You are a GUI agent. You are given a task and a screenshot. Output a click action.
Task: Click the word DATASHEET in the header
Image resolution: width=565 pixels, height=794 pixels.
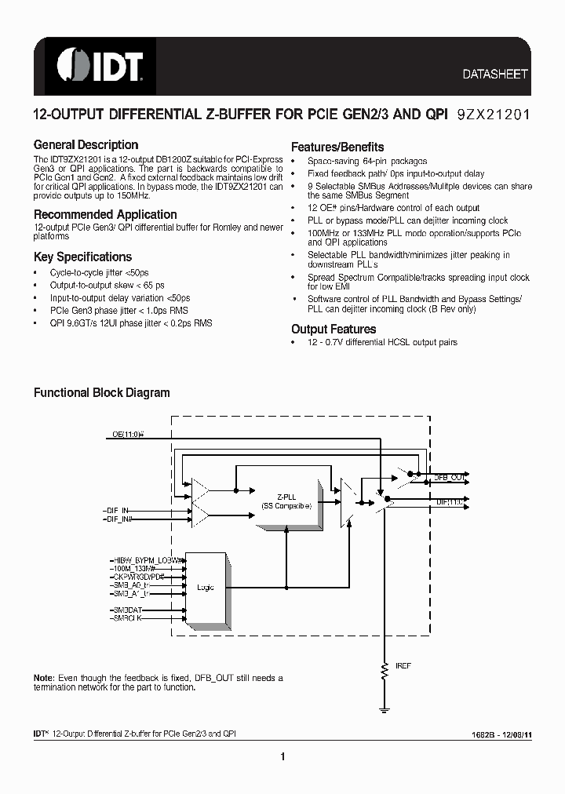click(x=494, y=74)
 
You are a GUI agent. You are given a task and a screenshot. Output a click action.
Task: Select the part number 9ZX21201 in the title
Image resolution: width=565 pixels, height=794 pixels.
click(x=494, y=114)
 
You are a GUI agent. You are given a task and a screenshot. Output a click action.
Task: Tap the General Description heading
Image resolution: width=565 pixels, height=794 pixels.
click(x=86, y=145)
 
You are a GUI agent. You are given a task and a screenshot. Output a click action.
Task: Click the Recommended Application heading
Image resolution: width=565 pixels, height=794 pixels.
click(x=105, y=214)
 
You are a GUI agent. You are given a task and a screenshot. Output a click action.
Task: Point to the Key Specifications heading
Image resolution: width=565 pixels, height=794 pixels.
click(x=82, y=257)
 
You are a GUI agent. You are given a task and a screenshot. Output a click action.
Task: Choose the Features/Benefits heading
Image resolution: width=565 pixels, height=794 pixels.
click(x=337, y=147)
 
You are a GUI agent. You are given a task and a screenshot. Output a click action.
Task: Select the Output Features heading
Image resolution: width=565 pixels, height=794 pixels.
click(x=334, y=329)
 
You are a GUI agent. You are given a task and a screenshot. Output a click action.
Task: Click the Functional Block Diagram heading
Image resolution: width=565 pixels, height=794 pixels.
click(x=101, y=392)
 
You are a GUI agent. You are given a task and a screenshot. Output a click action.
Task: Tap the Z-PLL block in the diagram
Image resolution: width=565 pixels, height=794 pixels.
click(x=286, y=501)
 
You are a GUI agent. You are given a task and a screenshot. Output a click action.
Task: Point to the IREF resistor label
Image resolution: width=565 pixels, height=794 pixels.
click(x=404, y=665)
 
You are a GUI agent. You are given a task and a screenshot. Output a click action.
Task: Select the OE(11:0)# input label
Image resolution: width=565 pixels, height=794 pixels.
click(x=128, y=433)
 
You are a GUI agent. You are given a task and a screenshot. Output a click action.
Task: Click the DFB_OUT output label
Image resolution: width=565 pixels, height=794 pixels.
click(x=450, y=476)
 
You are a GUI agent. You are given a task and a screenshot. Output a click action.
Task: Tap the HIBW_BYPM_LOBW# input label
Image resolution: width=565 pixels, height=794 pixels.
click(x=147, y=560)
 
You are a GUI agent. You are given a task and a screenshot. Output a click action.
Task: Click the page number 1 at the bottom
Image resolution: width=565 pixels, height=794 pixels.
click(x=282, y=756)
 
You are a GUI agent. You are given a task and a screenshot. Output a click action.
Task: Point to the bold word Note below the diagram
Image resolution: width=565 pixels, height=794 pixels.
click(x=43, y=677)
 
